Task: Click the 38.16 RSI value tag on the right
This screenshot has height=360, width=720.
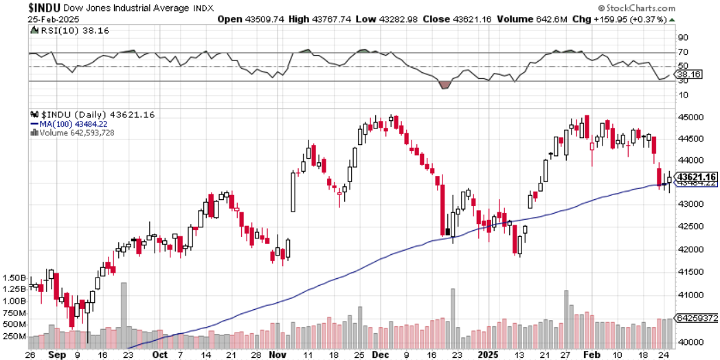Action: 688,74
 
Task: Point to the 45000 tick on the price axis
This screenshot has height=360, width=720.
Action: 690,117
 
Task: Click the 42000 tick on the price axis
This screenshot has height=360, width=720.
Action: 690,249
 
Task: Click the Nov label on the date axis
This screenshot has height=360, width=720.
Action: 278,355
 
